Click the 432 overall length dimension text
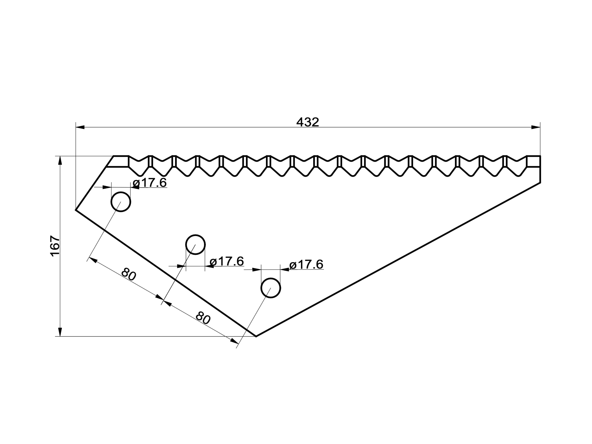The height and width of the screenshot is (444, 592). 308,122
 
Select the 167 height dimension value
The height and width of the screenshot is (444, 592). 55,246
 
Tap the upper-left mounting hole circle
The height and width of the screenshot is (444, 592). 121,202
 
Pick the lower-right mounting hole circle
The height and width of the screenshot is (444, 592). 271,288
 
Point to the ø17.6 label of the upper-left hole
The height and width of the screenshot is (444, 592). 150,183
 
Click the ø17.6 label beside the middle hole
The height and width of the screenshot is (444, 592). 227,261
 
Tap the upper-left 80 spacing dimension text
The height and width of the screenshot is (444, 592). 129,275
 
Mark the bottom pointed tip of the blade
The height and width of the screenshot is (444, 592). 256,336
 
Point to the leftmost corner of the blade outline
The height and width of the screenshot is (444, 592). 76,210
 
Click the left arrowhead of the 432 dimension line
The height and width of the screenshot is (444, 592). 80,127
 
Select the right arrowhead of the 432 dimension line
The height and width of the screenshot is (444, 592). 535,127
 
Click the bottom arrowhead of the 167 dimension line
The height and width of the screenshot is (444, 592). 60,332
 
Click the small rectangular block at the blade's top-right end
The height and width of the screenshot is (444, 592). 533,161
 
